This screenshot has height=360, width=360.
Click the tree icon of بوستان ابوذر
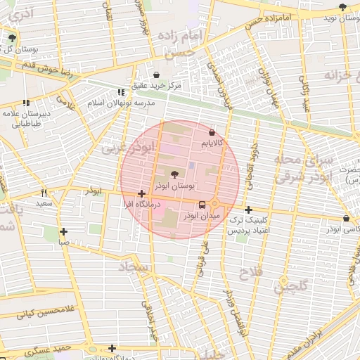click(x=174, y=174)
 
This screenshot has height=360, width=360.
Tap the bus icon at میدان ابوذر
click(x=202, y=205)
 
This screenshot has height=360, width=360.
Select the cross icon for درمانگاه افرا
click(x=142, y=193)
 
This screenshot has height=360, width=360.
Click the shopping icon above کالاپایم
click(x=212, y=132)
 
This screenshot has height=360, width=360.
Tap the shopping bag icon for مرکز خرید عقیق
click(x=156, y=75)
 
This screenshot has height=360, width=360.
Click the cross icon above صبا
click(x=64, y=231)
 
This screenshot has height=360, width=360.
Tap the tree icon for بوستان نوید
click(x=342, y=7)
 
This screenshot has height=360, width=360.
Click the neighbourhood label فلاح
click(x=250, y=272)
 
